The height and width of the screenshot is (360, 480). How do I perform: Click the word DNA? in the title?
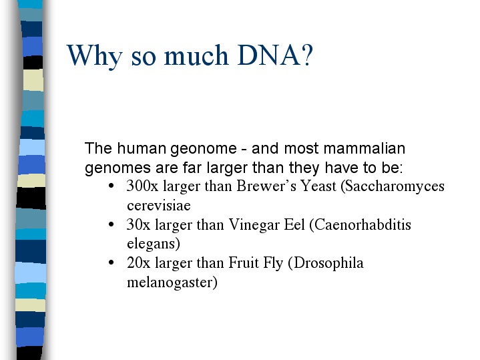[274, 55]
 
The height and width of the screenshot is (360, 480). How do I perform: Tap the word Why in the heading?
[94, 57]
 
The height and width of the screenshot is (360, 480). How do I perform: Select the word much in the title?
[196, 55]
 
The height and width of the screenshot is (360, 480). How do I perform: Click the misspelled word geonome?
[203, 149]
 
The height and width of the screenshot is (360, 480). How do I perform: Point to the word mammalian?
[365, 148]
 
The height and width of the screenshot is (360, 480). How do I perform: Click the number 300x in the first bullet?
[142, 186]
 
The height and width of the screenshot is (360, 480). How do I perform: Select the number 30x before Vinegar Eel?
[138, 224]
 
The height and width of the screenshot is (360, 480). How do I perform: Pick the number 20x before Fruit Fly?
[138, 263]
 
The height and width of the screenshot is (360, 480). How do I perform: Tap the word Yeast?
[318, 186]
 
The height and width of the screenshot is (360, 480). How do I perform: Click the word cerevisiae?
[159, 206]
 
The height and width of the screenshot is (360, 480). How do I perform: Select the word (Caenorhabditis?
[360, 225]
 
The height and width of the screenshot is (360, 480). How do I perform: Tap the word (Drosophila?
[326, 264]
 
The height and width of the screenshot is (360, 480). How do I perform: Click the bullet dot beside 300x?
[111, 186]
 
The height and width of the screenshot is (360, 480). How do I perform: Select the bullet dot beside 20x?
[111, 262]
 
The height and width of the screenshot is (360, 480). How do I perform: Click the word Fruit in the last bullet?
[244, 263]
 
